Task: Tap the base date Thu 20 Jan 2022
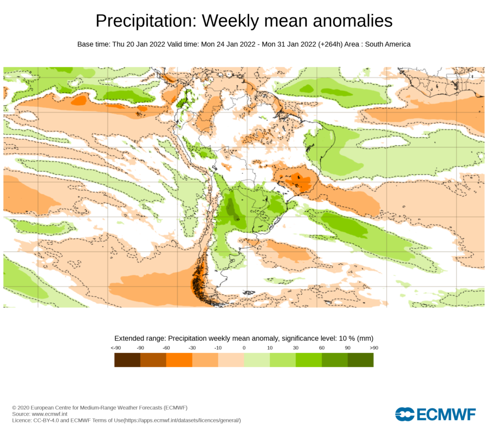[139, 44]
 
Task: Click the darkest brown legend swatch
[127, 359]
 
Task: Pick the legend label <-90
[115, 348]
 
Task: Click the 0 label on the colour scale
[244, 348]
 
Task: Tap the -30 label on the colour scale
[192, 348]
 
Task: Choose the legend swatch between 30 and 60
[308, 359]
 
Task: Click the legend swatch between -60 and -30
[179, 359]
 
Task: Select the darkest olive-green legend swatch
[360, 359]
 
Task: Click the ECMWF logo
[435, 414]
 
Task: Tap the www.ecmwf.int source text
[49, 414]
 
